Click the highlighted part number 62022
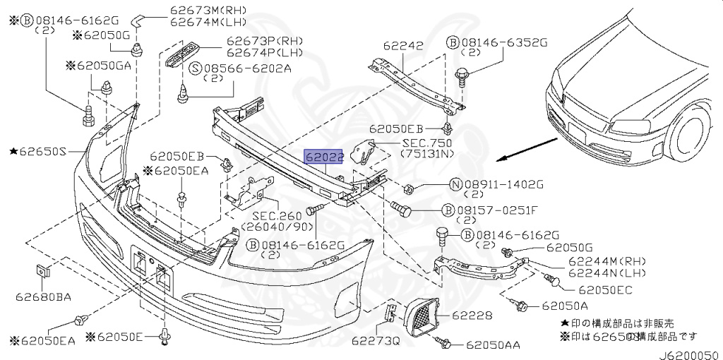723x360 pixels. tap(323, 157)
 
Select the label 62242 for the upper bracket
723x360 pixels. tap(403, 46)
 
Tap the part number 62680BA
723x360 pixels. tap(43, 296)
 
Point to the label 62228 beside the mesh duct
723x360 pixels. tap(472, 316)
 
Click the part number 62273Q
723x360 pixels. tap(376, 341)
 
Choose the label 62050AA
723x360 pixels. tap(493, 344)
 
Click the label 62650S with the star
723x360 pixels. tap(38, 151)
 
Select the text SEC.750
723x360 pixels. tap(426, 143)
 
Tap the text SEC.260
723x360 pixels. tap(277, 216)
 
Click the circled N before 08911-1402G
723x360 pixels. tap(455, 185)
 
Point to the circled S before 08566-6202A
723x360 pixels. tap(196, 69)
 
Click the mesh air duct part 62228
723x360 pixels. tap(421, 317)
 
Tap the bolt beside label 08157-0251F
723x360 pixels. tap(401, 209)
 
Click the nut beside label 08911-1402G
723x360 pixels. tap(407, 188)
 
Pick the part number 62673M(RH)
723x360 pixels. tap(201, 10)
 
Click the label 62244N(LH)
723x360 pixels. tap(607, 272)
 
